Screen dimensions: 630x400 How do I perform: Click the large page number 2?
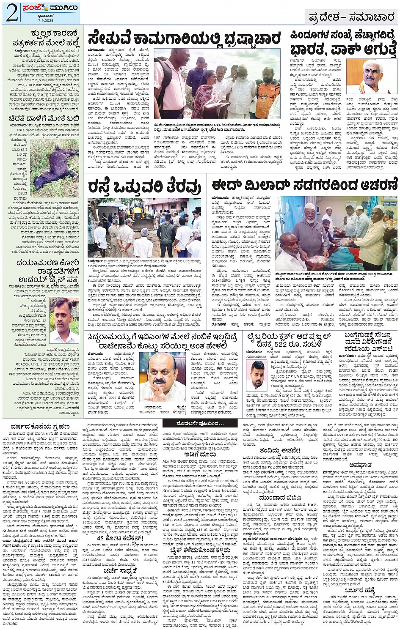pos(11,14)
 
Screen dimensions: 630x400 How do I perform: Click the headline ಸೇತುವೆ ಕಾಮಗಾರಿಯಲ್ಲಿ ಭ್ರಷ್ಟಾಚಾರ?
pos(184,38)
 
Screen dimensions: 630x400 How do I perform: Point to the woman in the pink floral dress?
pos(207,93)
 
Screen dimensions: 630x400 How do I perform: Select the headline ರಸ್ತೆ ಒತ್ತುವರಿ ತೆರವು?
pos(144,186)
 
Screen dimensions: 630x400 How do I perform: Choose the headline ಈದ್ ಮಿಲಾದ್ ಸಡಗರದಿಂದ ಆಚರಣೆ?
pos(305,185)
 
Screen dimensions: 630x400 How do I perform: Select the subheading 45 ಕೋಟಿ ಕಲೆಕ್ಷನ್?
pos(120,538)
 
